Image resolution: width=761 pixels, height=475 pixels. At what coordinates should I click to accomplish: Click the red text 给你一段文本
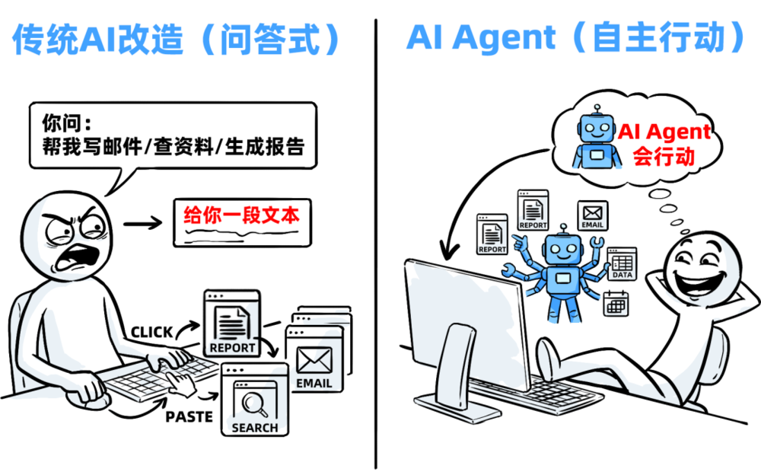point(242,215)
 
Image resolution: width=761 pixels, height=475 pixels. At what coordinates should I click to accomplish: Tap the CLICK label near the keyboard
point(152,332)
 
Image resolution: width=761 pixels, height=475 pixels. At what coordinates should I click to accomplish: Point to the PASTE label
point(187,416)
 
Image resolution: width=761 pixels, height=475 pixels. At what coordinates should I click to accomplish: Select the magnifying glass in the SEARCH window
point(252,402)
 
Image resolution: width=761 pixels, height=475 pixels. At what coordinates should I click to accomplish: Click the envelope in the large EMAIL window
point(314,359)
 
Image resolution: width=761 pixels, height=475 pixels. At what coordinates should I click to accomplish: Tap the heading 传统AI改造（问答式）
point(176,40)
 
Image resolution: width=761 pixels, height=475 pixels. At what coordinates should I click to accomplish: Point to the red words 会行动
point(664,156)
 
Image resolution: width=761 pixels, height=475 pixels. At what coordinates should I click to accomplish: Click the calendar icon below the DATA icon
point(615,304)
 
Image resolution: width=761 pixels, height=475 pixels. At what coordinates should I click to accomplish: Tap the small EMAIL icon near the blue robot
point(592,214)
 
